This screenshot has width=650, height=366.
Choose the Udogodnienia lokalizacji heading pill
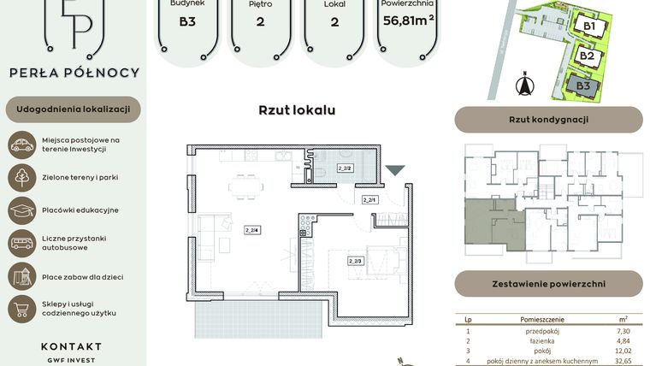pos(72,109)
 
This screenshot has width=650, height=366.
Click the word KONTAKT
pos(71,346)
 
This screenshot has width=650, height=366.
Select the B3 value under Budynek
pos(186,21)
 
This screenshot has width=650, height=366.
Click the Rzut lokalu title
pos(297,110)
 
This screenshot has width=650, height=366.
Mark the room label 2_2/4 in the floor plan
pos(251,229)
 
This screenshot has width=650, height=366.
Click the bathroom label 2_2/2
pos(346,168)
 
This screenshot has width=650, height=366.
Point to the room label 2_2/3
pos(356,260)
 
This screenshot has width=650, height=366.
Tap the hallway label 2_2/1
pos(369,199)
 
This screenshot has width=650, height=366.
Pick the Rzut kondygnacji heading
pos(548,120)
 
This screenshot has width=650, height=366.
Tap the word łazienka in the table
pos(545,339)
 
